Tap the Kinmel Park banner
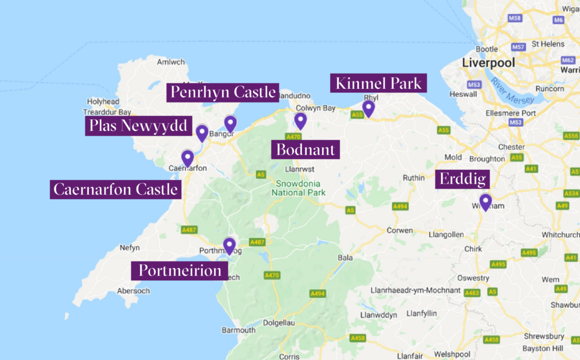click(x=378, y=84)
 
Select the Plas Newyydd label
click(x=138, y=126)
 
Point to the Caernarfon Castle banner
click(x=116, y=189)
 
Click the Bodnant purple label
click(x=305, y=149)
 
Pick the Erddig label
click(x=462, y=180)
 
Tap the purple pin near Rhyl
click(x=369, y=108)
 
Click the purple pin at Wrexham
click(x=485, y=202)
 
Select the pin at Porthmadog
click(x=229, y=245)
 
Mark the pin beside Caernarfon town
click(x=187, y=157)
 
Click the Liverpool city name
click(x=488, y=63)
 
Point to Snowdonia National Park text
click(x=298, y=188)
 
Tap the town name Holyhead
click(x=102, y=102)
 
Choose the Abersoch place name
click(x=133, y=291)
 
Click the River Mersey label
click(x=513, y=91)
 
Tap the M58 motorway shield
click(x=515, y=35)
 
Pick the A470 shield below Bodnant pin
click(x=293, y=137)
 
